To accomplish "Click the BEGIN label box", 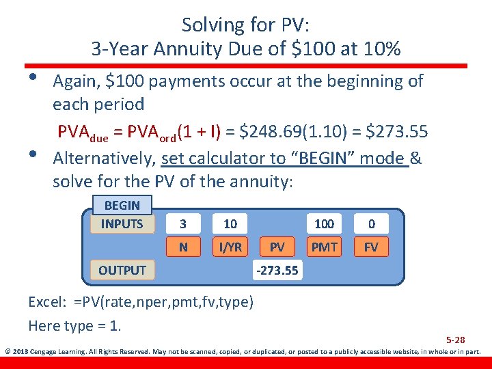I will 122,205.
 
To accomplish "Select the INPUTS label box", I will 122,223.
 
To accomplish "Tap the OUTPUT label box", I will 122,270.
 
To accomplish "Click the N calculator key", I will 182,247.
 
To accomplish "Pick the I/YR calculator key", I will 230,247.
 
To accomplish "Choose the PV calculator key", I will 277,247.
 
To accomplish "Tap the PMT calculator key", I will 324,247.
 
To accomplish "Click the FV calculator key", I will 371,247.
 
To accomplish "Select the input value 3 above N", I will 182,224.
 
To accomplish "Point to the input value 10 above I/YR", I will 230,224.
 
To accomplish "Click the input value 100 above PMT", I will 324,224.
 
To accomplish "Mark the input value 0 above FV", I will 371,224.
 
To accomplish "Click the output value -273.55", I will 277,271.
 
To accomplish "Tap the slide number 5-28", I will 455,340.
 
